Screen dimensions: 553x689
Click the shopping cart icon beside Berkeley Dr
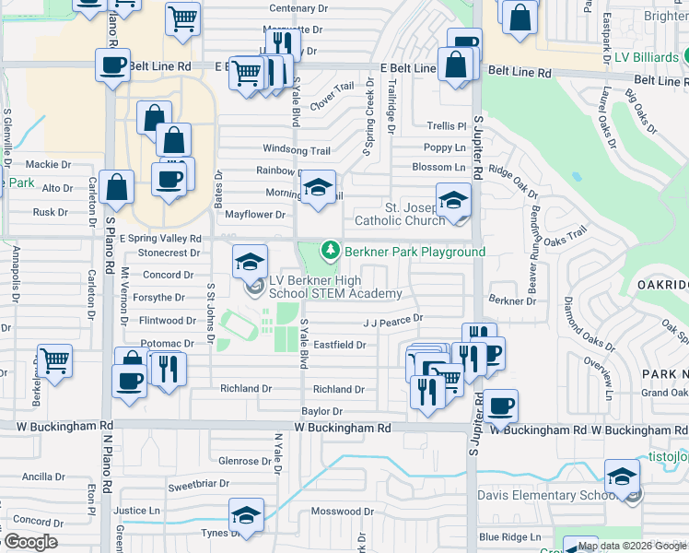coord(54,360)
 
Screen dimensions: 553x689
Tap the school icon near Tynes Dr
coord(246,514)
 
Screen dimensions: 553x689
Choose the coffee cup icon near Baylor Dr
coord(501,405)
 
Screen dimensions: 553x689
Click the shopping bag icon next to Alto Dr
coord(118,187)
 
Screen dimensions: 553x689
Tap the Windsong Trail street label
coord(296,149)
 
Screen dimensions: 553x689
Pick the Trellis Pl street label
coord(447,125)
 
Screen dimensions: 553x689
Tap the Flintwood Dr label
coord(167,321)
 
